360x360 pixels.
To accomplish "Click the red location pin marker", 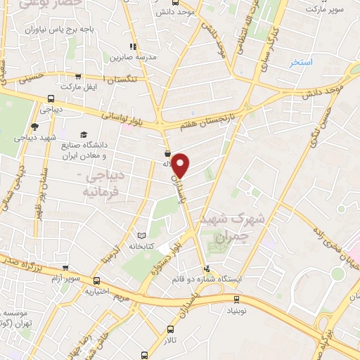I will (181, 165).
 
